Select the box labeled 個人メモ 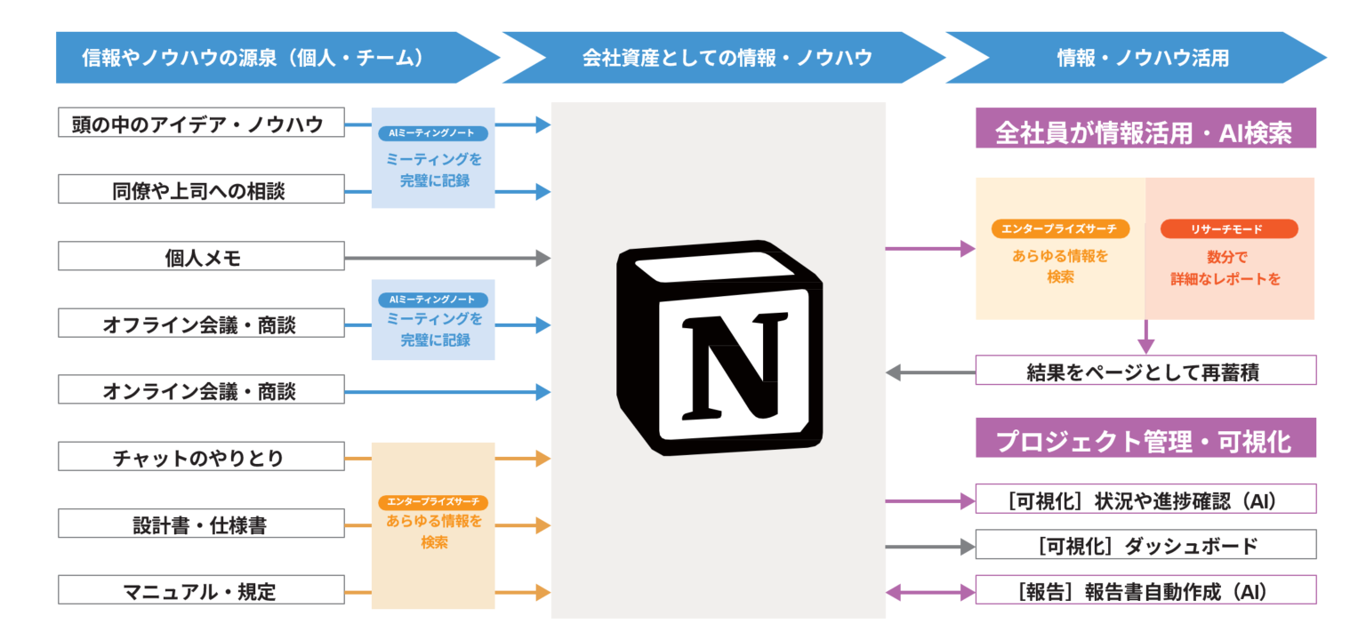click(x=201, y=258)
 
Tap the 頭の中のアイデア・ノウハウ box click(x=201, y=124)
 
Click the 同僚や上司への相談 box click(x=201, y=190)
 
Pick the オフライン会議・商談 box click(x=201, y=324)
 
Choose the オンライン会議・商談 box click(x=201, y=390)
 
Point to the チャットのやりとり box click(x=201, y=458)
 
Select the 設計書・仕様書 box click(x=201, y=524)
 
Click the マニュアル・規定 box click(x=201, y=591)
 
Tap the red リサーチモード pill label click(x=1229, y=229)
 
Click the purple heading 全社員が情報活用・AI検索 click(x=1145, y=132)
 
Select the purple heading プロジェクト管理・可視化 click(x=1145, y=441)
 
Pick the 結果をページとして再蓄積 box click(x=1145, y=372)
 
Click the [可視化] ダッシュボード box click(x=1145, y=545)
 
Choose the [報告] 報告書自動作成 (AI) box click(x=1145, y=590)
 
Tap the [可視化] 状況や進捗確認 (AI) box click(x=1145, y=500)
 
